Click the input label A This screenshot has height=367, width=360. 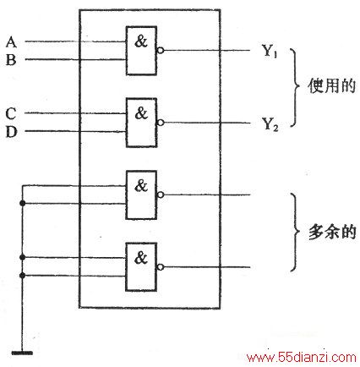pyautogui.click(x=11, y=42)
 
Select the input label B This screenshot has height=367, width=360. pyautogui.click(x=11, y=60)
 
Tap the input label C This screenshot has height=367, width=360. pyautogui.click(x=11, y=114)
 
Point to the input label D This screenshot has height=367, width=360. pyautogui.click(x=11, y=132)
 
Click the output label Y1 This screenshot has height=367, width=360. pyautogui.click(x=270, y=51)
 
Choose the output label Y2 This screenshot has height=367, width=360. pyautogui.click(x=270, y=124)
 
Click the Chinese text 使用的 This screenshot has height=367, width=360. pyautogui.click(x=331, y=86)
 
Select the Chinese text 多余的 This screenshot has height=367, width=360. pyautogui.click(x=332, y=232)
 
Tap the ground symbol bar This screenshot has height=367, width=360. pyautogui.click(x=22, y=353)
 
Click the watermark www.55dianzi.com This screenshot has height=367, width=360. pyautogui.click(x=302, y=358)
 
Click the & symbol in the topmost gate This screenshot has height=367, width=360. pyautogui.click(x=141, y=41)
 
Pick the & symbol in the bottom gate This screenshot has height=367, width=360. pyautogui.click(x=141, y=258)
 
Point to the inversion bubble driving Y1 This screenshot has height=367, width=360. pyautogui.click(x=161, y=51)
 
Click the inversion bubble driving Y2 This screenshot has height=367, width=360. pyautogui.click(x=161, y=123)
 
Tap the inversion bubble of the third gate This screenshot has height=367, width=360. pyautogui.click(x=161, y=194)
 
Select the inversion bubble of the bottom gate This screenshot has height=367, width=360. pyautogui.click(x=161, y=267)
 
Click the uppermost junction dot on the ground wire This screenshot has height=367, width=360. pyautogui.click(x=23, y=203)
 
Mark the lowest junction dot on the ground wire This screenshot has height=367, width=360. pyautogui.click(x=23, y=276)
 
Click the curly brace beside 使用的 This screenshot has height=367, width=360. pyautogui.click(x=296, y=87)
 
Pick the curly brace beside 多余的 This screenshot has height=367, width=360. pyautogui.click(x=296, y=232)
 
